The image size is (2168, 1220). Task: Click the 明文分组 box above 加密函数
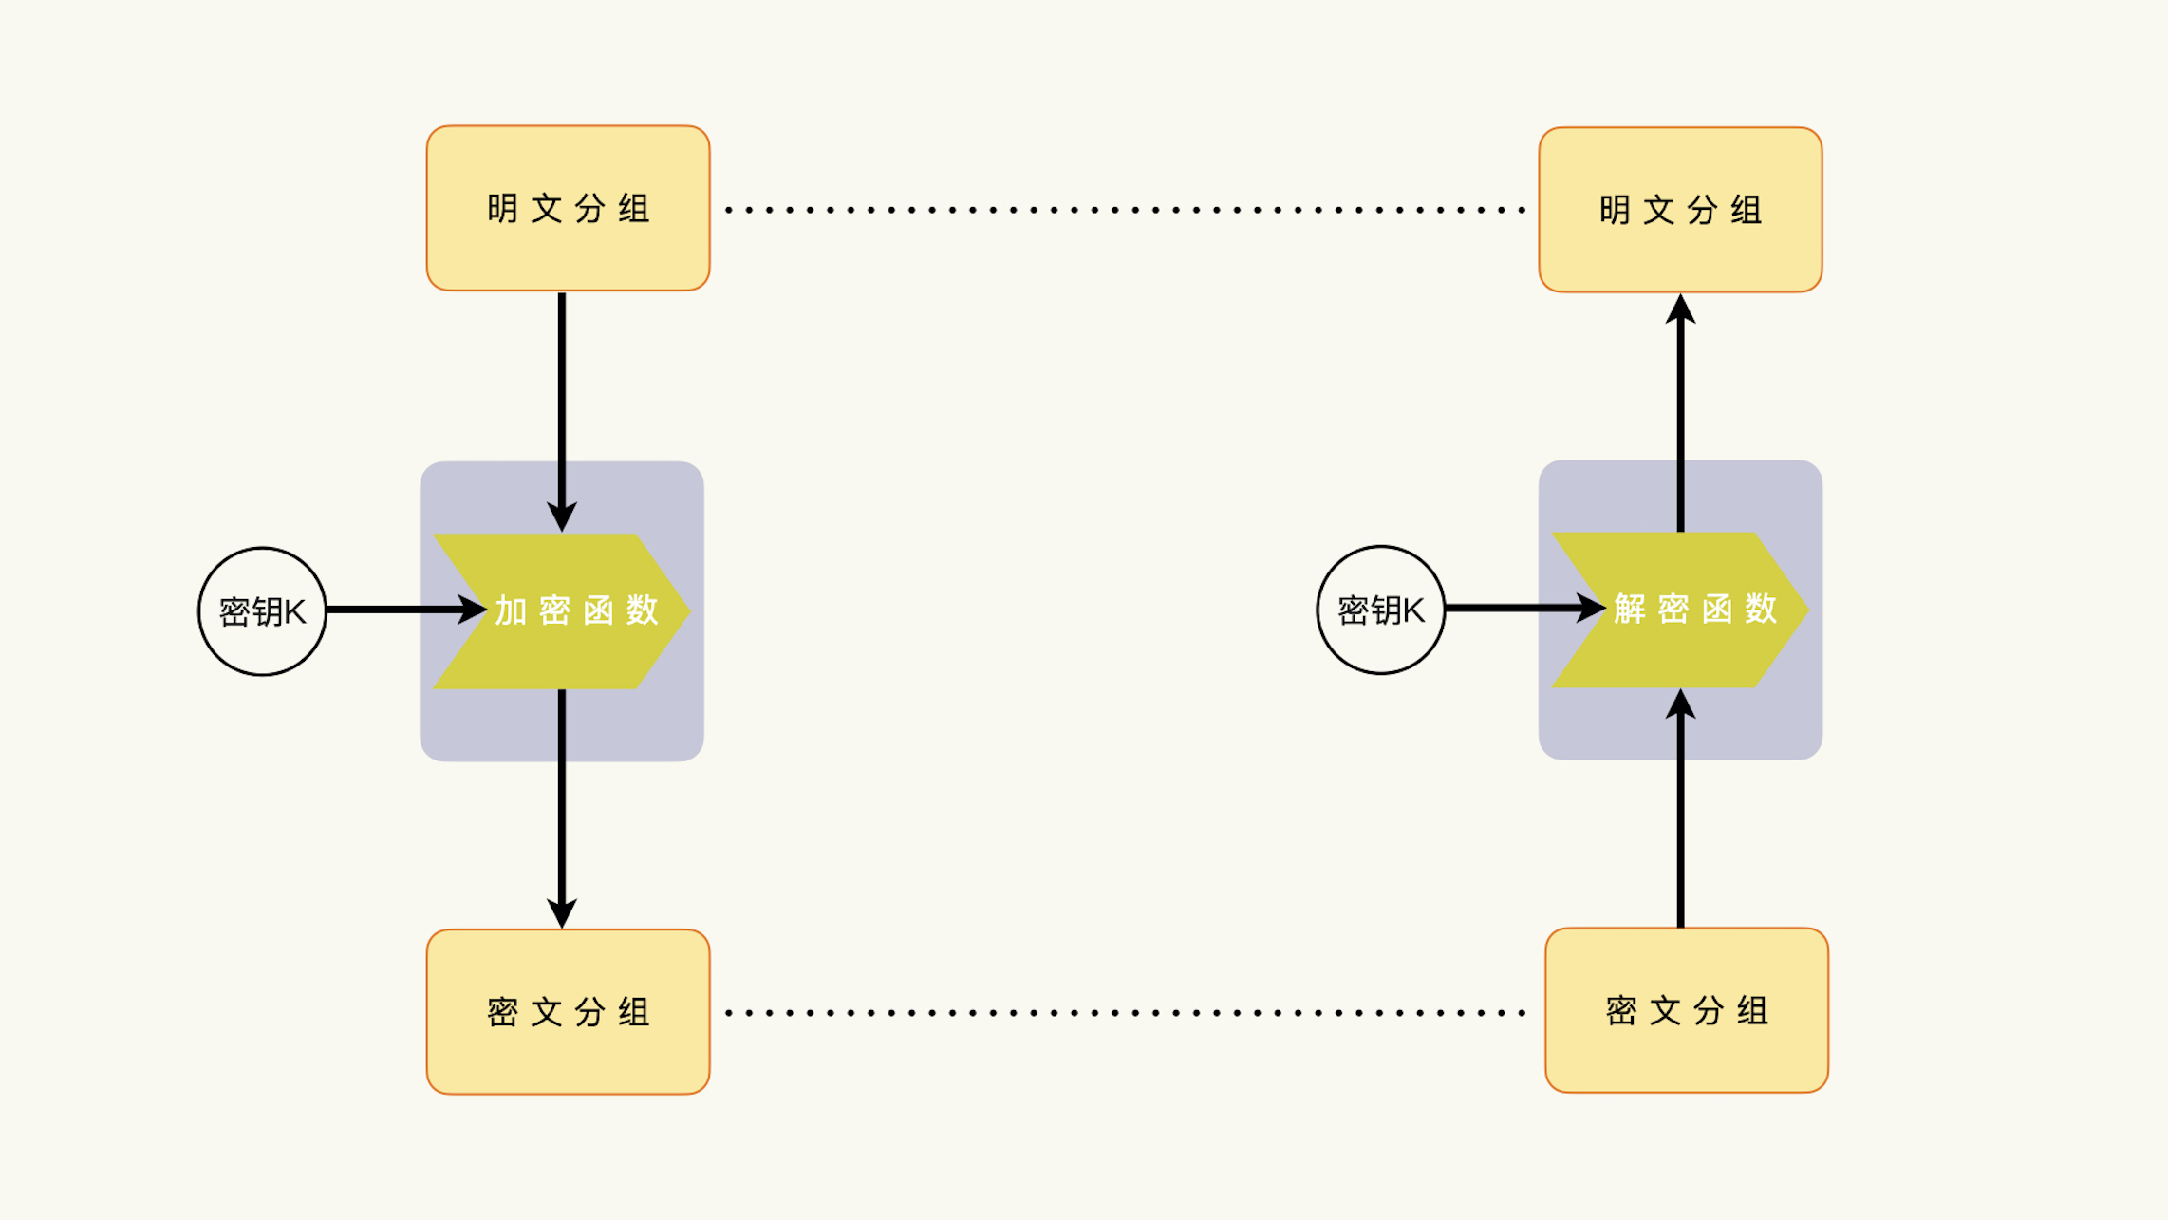[568, 208]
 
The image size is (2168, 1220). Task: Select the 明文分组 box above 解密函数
[1680, 210]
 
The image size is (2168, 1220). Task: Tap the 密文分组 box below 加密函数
[568, 1012]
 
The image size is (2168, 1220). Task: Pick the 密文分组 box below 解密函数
[1687, 1010]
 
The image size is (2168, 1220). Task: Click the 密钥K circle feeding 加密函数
[262, 611]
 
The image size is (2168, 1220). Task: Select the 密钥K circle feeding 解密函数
[1381, 610]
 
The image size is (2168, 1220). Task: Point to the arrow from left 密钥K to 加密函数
[399, 610]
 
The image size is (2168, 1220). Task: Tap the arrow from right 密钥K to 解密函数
[1519, 608]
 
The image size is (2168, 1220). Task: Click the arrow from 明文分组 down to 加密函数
[562, 408]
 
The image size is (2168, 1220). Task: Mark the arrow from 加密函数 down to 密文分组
[562, 807]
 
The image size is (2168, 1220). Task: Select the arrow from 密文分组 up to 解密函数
[1680, 816]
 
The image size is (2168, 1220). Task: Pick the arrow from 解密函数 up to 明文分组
[1680, 418]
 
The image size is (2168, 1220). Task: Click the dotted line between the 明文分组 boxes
[1125, 210]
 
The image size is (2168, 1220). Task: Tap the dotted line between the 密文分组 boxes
[1125, 1013]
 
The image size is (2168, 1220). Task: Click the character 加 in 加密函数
[511, 610]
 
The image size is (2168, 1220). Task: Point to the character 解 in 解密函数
[1630, 609]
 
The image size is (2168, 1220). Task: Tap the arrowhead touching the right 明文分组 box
[1680, 310]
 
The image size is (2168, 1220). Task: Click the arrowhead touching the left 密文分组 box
[562, 912]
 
